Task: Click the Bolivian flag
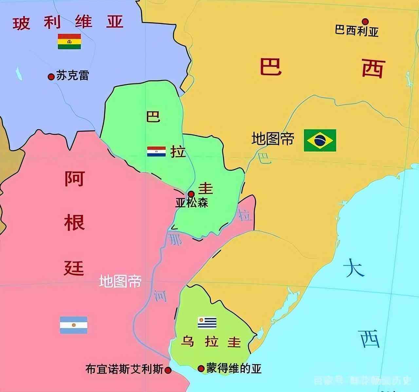[x=69, y=41]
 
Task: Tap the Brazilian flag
[x=320, y=140]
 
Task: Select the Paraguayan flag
[x=156, y=151]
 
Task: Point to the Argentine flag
[x=73, y=325]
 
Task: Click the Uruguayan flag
[x=207, y=323]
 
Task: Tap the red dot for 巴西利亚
[x=365, y=22]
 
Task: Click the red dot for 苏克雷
[x=51, y=77]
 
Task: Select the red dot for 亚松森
[x=191, y=194]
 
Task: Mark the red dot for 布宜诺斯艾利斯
[x=168, y=370]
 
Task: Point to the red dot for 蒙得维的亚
[x=201, y=369]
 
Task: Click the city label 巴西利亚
[x=356, y=31]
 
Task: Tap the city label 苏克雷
[x=72, y=76]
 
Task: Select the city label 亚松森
[x=191, y=203]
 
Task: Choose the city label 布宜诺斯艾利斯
[x=124, y=369]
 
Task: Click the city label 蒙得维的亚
[x=234, y=369]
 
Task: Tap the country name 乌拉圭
[x=211, y=342]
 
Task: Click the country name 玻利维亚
[x=68, y=23]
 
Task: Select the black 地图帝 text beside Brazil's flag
[x=273, y=139]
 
